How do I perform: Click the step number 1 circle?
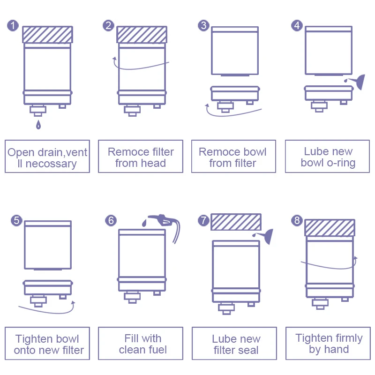[13, 25]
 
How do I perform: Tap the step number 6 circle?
[111, 220]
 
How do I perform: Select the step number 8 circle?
[297, 220]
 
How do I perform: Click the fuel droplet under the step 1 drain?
[38, 125]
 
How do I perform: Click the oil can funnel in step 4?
[358, 82]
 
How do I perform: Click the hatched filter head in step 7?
[236, 222]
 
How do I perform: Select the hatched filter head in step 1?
[47, 35]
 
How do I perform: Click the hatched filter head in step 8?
[329, 227]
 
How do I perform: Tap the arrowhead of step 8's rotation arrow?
[355, 258]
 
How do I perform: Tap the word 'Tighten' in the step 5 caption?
[34, 339]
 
